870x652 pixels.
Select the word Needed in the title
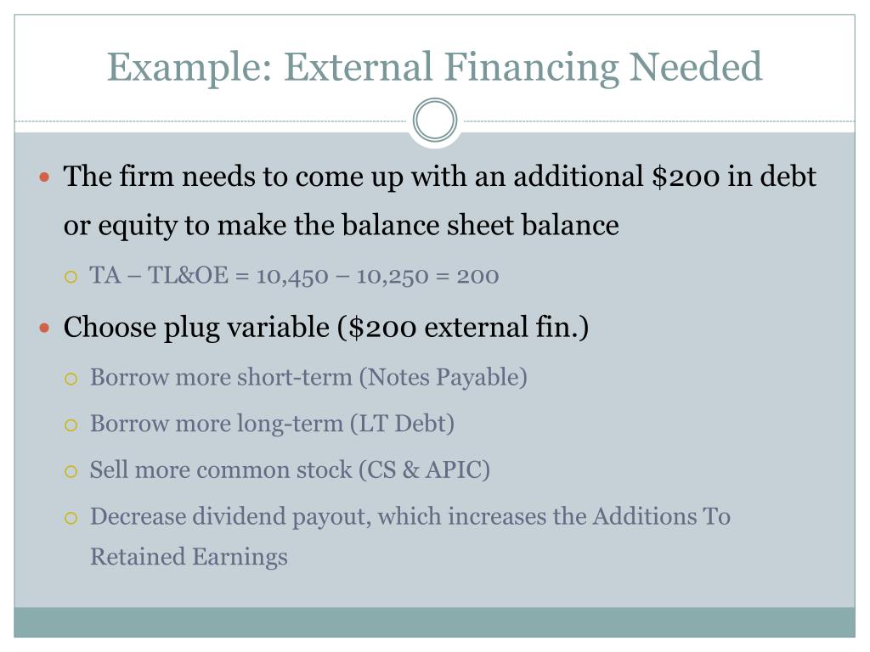(695, 67)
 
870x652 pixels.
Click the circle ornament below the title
(435, 121)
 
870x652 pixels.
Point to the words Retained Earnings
(189, 557)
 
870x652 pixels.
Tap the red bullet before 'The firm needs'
(47, 178)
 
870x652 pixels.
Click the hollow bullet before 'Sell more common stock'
(71, 470)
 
